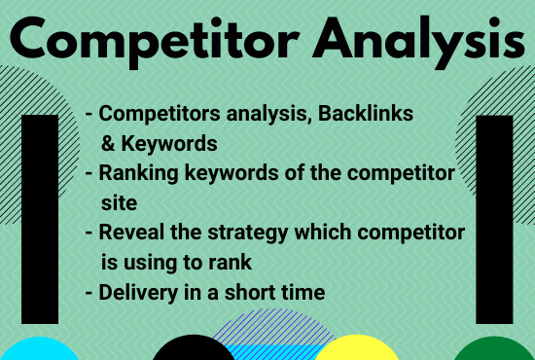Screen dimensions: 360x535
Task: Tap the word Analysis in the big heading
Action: coord(406,42)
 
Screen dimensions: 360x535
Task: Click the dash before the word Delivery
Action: coord(90,293)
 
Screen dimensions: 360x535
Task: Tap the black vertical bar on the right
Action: coord(494,218)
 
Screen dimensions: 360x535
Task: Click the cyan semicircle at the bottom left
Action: coord(39,349)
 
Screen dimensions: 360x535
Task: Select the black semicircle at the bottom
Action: coord(195,350)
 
